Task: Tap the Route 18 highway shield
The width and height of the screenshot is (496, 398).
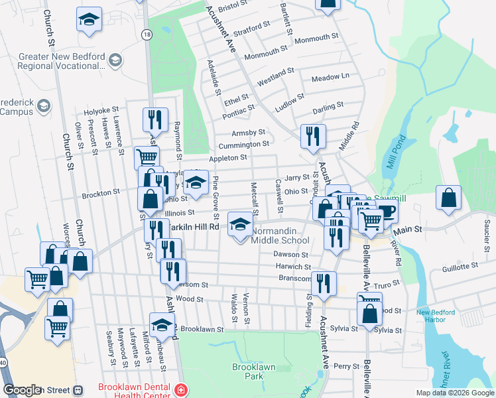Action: [x=146, y=33]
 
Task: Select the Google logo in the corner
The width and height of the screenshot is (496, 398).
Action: [x=22, y=390]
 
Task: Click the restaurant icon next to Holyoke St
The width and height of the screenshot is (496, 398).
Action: [x=155, y=119]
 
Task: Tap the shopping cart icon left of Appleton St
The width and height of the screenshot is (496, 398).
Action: [x=147, y=157]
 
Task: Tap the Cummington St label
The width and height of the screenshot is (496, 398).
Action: [x=245, y=144]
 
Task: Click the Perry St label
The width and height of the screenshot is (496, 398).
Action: [x=345, y=365]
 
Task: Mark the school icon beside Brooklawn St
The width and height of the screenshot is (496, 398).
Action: [x=161, y=325]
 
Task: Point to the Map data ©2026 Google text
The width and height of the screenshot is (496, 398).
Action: [x=454, y=393]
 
